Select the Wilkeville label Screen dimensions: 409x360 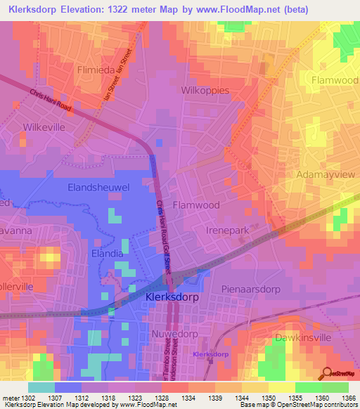click(x=44, y=127)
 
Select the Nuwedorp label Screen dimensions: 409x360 click(x=175, y=335)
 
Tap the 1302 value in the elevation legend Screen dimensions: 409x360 click(x=31, y=397)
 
